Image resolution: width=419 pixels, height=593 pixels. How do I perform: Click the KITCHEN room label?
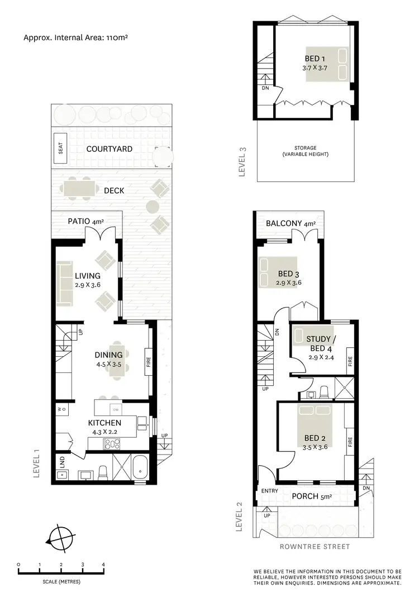click(x=104, y=423)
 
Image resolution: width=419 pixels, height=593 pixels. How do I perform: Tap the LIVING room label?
click(x=88, y=275)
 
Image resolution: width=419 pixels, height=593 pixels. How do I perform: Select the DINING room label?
click(x=108, y=355)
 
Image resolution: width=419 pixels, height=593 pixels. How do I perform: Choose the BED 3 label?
click(x=288, y=274)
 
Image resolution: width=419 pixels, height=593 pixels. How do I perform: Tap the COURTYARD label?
click(x=109, y=149)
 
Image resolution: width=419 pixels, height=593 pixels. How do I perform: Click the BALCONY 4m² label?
click(x=291, y=224)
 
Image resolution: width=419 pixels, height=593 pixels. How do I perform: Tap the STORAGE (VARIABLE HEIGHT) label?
click(x=306, y=151)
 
